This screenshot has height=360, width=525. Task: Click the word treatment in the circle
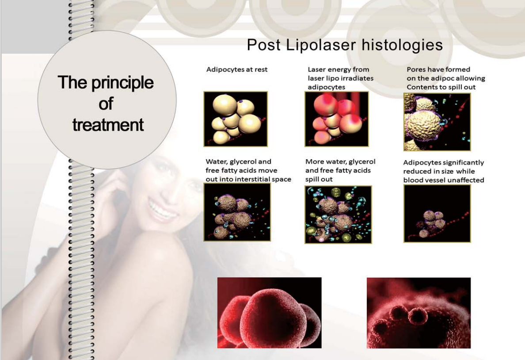pyautogui.click(x=108, y=125)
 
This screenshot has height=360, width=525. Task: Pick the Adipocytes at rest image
pyautogui.click(x=236, y=119)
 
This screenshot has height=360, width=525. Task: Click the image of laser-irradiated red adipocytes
pyautogui.click(x=336, y=119)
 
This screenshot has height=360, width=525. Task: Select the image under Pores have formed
pyautogui.click(x=437, y=122)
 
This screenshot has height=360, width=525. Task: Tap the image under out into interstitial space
pyautogui.click(x=237, y=212)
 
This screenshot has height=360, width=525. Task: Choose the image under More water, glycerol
pyautogui.click(x=338, y=214)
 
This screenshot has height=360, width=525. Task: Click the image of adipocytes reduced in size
pyautogui.click(x=437, y=214)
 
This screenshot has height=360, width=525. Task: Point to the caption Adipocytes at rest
pyautogui.click(x=237, y=70)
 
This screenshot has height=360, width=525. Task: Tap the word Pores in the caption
pyautogui.click(x=415, y=69)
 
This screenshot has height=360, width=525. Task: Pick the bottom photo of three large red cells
pyautogui.click(x=269, y=313)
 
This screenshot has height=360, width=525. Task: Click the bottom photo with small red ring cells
pyautogui.click(x=418, y=313)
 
